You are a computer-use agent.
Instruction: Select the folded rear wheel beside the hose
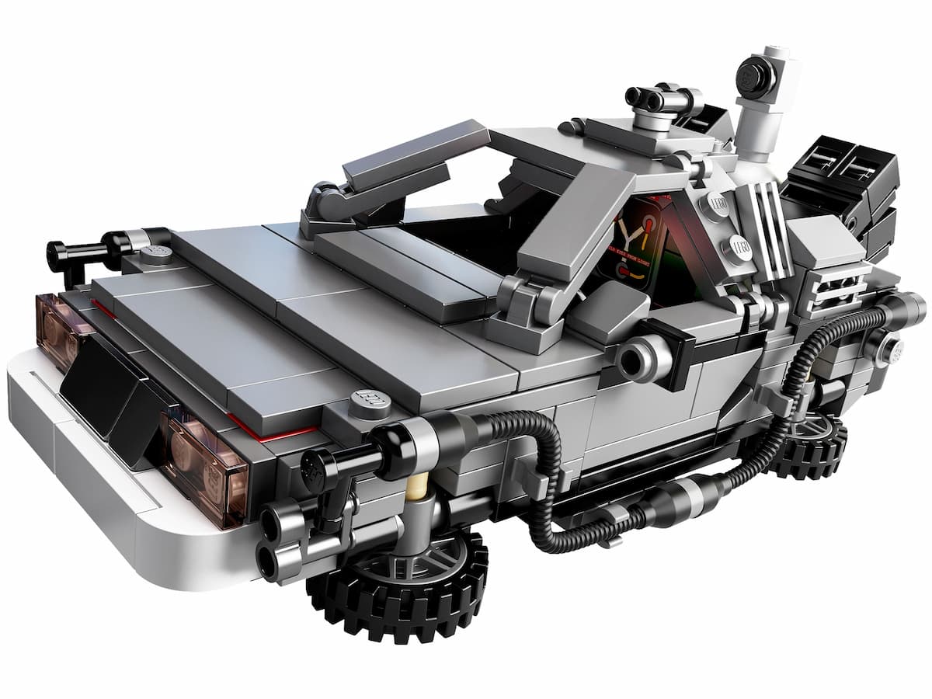tap(808, 447)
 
